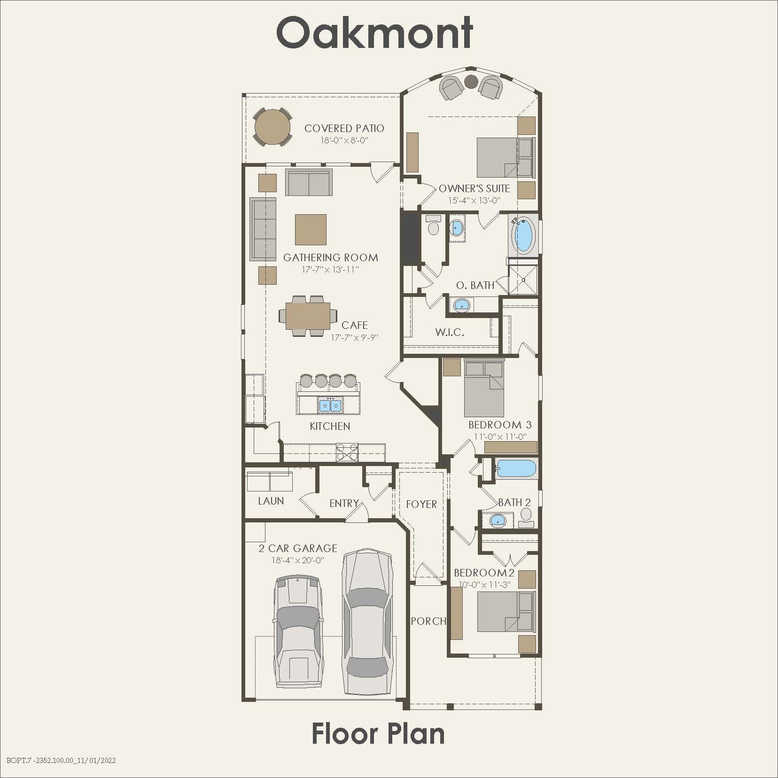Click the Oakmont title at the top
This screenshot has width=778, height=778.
click(x=374, y=33)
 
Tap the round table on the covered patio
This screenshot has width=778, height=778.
click(x=272, y=127)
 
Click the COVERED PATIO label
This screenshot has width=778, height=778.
click(x=344, y=128)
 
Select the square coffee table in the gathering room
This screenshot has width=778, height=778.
click(x=311, y=229)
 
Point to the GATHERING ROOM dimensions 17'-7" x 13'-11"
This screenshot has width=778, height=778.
click(x=330, y=270)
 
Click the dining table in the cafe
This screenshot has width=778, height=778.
click(x=308, y=316)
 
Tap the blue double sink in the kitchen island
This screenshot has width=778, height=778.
click(x=330, y=405)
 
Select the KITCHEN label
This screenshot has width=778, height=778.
click(x=330, y=426)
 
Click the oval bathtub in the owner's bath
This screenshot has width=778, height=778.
click(x=523, y=234)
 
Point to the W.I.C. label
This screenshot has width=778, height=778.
click(x=450, y=333)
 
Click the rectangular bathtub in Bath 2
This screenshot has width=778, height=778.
click(x=516, y=469)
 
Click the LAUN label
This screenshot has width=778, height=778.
click(x=271, y=501)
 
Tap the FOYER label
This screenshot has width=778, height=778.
click(x=421, y=504)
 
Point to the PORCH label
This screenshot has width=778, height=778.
click(x=428, y=621)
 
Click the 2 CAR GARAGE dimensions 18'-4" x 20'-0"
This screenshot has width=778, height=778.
click(x=297, y=560)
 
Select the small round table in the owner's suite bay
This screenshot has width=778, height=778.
click(x=471, y=81)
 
